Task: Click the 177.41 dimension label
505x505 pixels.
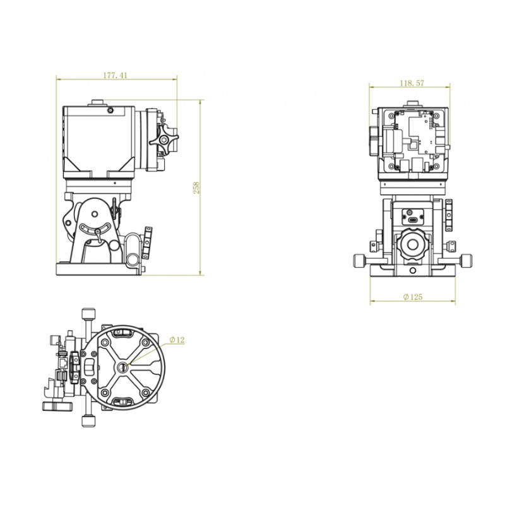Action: coord(115,75)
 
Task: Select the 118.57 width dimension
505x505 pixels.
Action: coord(412,83)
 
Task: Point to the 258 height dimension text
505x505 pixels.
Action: coord(196,187)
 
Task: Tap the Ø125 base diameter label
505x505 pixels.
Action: coord(413,297)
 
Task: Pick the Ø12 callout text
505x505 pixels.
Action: coord(177,340)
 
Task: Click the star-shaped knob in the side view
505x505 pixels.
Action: coord(163,139)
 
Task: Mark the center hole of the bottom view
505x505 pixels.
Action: coord(122,367)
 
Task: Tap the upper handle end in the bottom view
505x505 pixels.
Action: coord(88,314)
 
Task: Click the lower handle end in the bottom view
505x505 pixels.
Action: coord(88,421)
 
